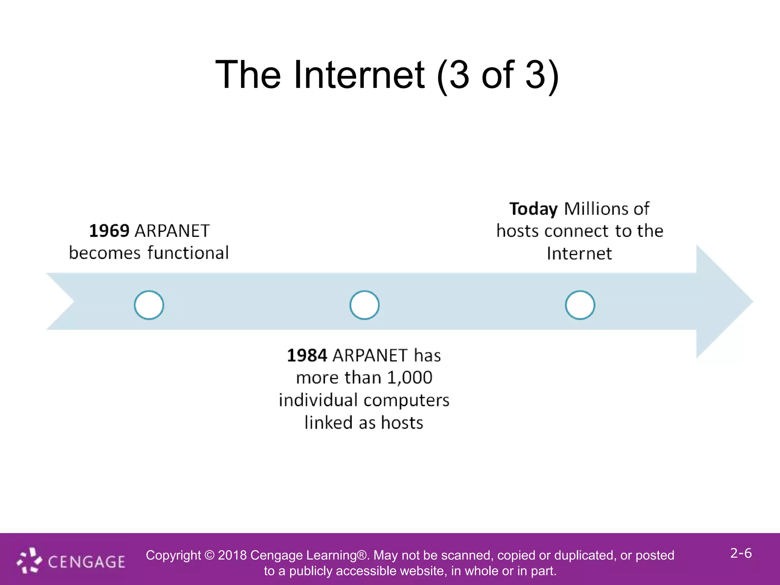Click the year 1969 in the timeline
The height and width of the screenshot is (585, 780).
109,231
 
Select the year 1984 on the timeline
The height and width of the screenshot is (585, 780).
307,355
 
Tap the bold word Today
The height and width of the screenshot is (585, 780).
533,209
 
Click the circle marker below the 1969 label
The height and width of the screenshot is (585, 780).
149,305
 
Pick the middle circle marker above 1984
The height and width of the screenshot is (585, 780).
364,305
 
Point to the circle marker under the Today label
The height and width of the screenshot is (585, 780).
580,305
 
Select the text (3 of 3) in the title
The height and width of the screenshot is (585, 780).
498,75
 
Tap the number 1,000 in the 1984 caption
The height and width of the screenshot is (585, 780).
410,378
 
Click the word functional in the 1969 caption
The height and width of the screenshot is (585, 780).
188,253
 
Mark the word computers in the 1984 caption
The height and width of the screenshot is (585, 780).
406,400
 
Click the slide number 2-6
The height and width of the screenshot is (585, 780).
741,553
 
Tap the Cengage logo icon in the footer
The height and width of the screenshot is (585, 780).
29,561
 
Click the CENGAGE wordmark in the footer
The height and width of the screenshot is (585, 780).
87,562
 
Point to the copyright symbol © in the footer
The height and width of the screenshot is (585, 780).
209,555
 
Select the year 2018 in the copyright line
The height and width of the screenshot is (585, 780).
232,555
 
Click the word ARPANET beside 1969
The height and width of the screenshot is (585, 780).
172,231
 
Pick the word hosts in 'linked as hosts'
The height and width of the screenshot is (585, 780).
402,423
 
